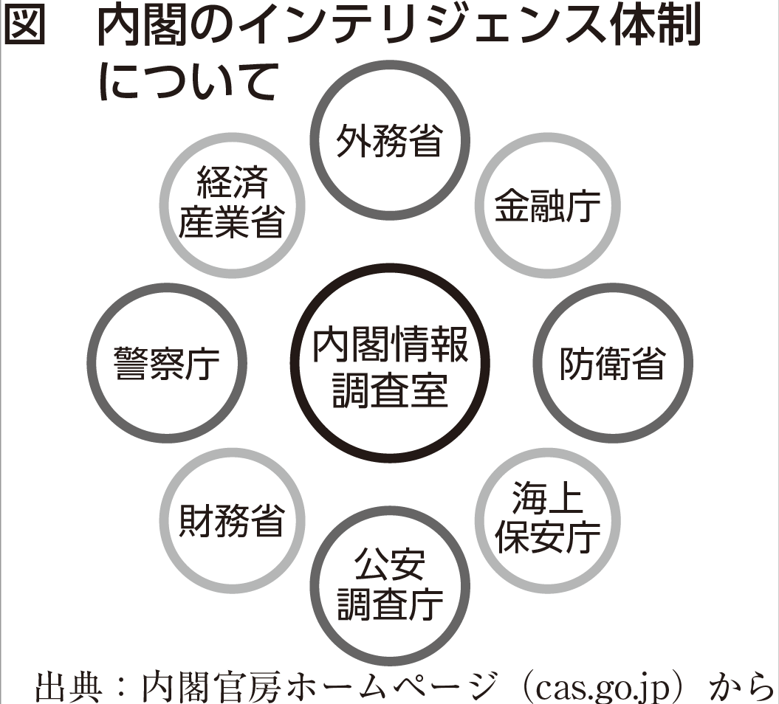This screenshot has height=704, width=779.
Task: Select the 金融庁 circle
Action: [x=547, y=207]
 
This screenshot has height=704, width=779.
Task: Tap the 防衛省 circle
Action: [x=612, y=363]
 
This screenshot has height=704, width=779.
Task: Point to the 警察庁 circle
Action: [x=167, y=363]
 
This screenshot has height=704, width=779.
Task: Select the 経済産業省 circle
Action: [x=232, y=202]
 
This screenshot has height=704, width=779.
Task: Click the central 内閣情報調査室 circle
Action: [x=389, y=363]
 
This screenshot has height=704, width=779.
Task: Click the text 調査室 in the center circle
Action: [x=389, y=389]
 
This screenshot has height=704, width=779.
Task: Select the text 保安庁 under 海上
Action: [x=547, y=537]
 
